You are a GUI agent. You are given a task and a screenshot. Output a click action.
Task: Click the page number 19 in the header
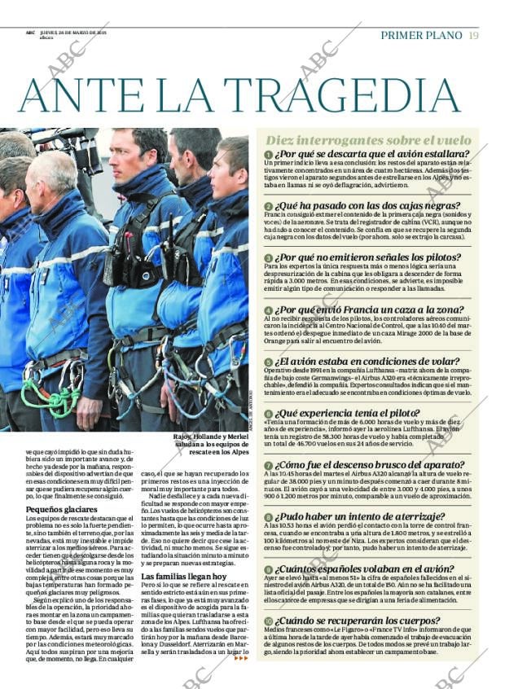(473, 35)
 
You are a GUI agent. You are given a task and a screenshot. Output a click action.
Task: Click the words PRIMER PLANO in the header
(421, 35)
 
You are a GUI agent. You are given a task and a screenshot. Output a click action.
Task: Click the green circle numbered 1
(268, 154)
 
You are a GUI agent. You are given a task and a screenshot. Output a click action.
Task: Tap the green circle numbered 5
(268, 362)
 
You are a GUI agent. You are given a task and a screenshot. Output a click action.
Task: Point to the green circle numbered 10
(269, 621)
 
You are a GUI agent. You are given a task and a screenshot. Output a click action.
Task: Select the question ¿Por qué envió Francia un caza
(377, 310)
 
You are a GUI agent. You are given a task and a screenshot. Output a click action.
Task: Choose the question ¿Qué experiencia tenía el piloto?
(367, 414)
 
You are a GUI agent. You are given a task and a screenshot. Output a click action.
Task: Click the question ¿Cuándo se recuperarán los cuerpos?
(375, 621)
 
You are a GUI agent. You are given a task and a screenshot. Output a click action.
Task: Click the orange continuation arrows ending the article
(240, 657)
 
